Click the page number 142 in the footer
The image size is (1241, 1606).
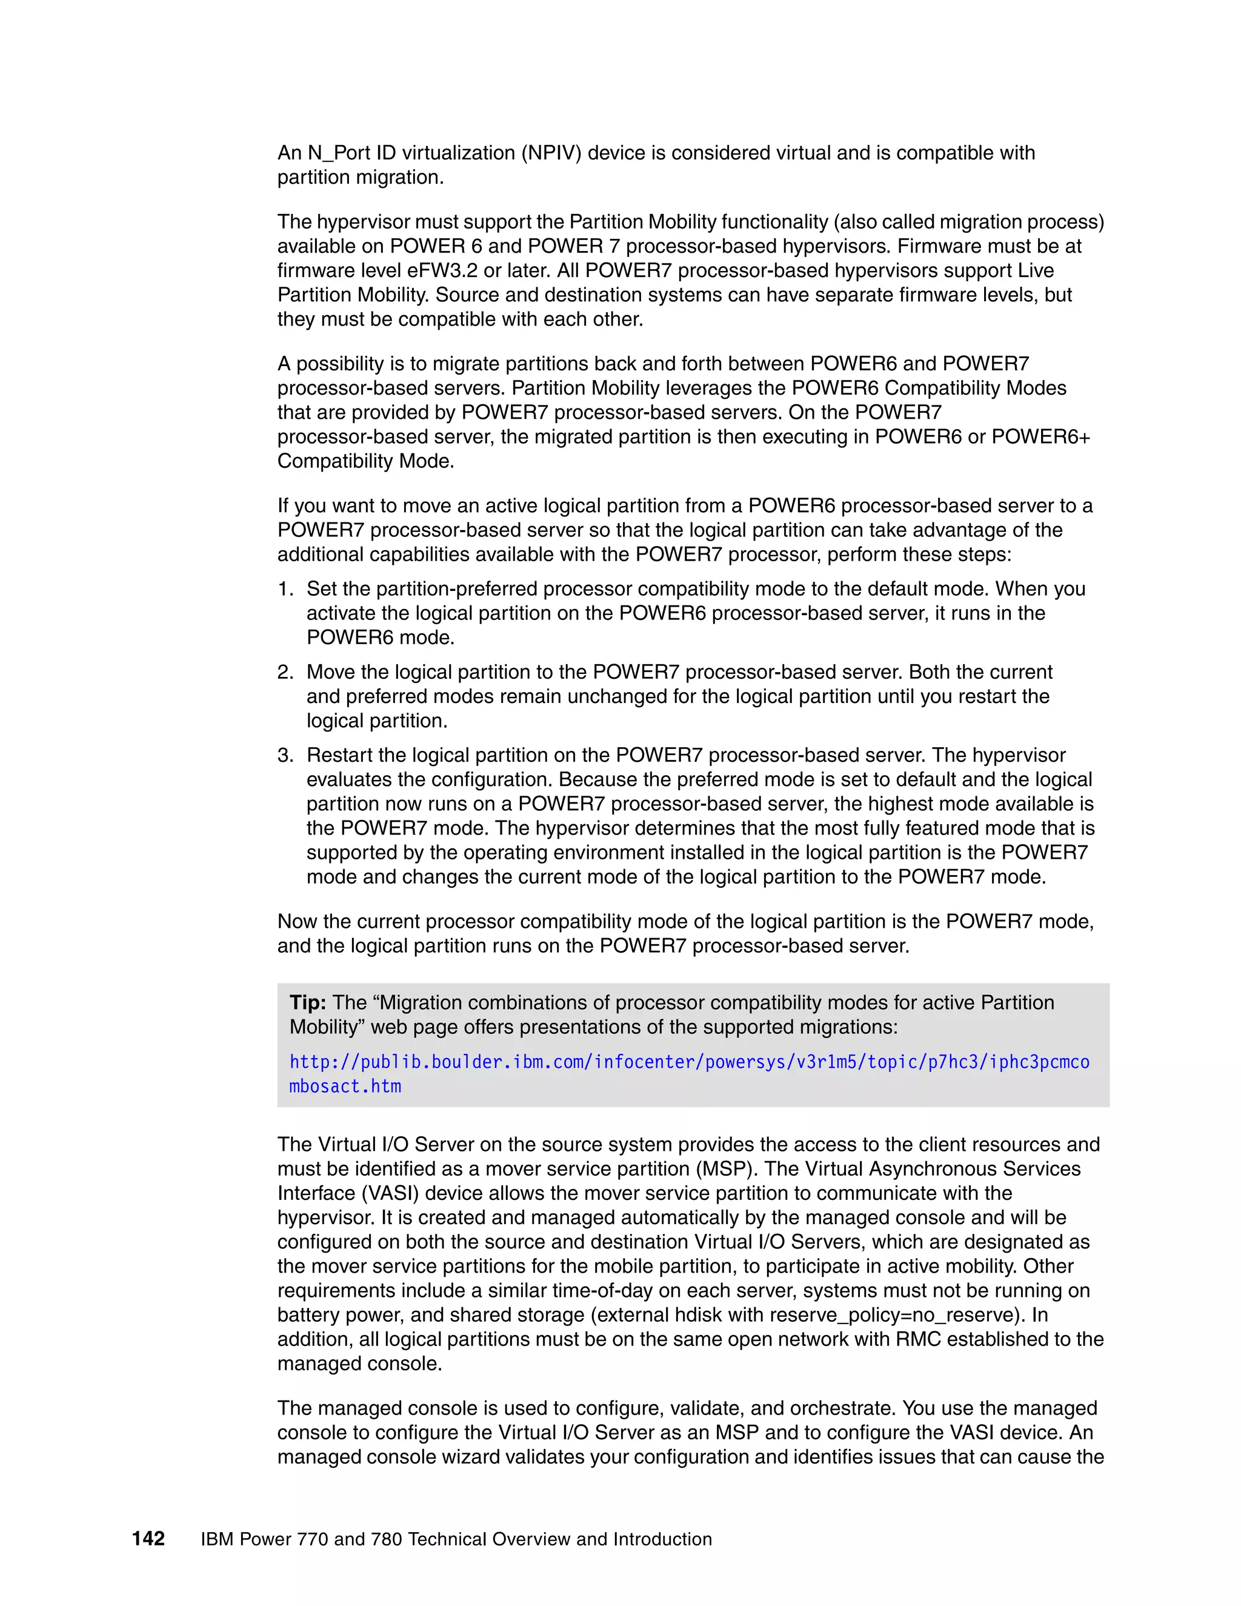tap(148, 1538)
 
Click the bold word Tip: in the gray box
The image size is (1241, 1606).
tap(308, 1002)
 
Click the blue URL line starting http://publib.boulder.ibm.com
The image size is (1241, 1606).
tap(689, 1062)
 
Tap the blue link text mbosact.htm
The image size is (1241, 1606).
tap(345, 1087)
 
